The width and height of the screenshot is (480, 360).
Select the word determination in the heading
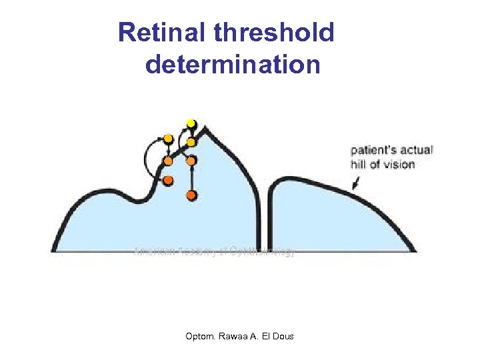[233, 65]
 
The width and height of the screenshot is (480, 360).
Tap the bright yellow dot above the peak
[191, 123]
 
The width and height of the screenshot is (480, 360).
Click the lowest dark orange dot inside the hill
[191, 195]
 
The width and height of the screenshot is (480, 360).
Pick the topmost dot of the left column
[169, 139]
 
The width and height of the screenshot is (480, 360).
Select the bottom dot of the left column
[168, 181]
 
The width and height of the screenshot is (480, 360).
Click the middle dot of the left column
[168, 161]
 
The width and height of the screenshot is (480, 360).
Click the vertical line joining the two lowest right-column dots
[191, 178]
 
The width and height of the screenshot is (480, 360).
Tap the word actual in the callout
[418, 151]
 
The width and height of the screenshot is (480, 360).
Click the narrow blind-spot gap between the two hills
[268, 220]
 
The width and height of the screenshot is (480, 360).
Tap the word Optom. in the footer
[200, 336]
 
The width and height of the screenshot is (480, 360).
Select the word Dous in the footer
[283, 336]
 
